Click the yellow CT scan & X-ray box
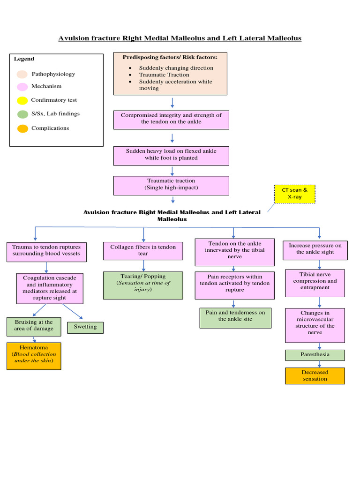pyautogui.click(x=295, y=194)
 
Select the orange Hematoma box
pyautogui.click(x=34, y=356)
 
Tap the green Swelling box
pyautogui.click(x=85, y=327)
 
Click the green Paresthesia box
pyautogui.click(x=315, y=355)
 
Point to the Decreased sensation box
pyautogui.click(x=315, y=375)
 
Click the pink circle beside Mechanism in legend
pyautogui.click(x=22, y=87)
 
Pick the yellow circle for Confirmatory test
pyautogui.click(x=22, y=100)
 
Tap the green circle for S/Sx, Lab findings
pyautogui.click(x=22, y=114)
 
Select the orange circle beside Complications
pyautogui.click(x=22, y=128)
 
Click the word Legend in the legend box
pyautogui.click(x=24, y=59)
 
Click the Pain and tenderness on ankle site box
pyautogui.click(x=235, y=317)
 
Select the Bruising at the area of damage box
pyautogui.click(x=34, y=326)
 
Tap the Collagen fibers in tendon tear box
pyautogui.click(x=143, y=250)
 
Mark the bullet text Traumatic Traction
pyautogui.click(x=164, y=75)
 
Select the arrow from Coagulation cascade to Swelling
pyautogui.click(x=73, y=312)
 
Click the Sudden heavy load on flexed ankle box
pyautogui.click(x=171, y=156)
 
